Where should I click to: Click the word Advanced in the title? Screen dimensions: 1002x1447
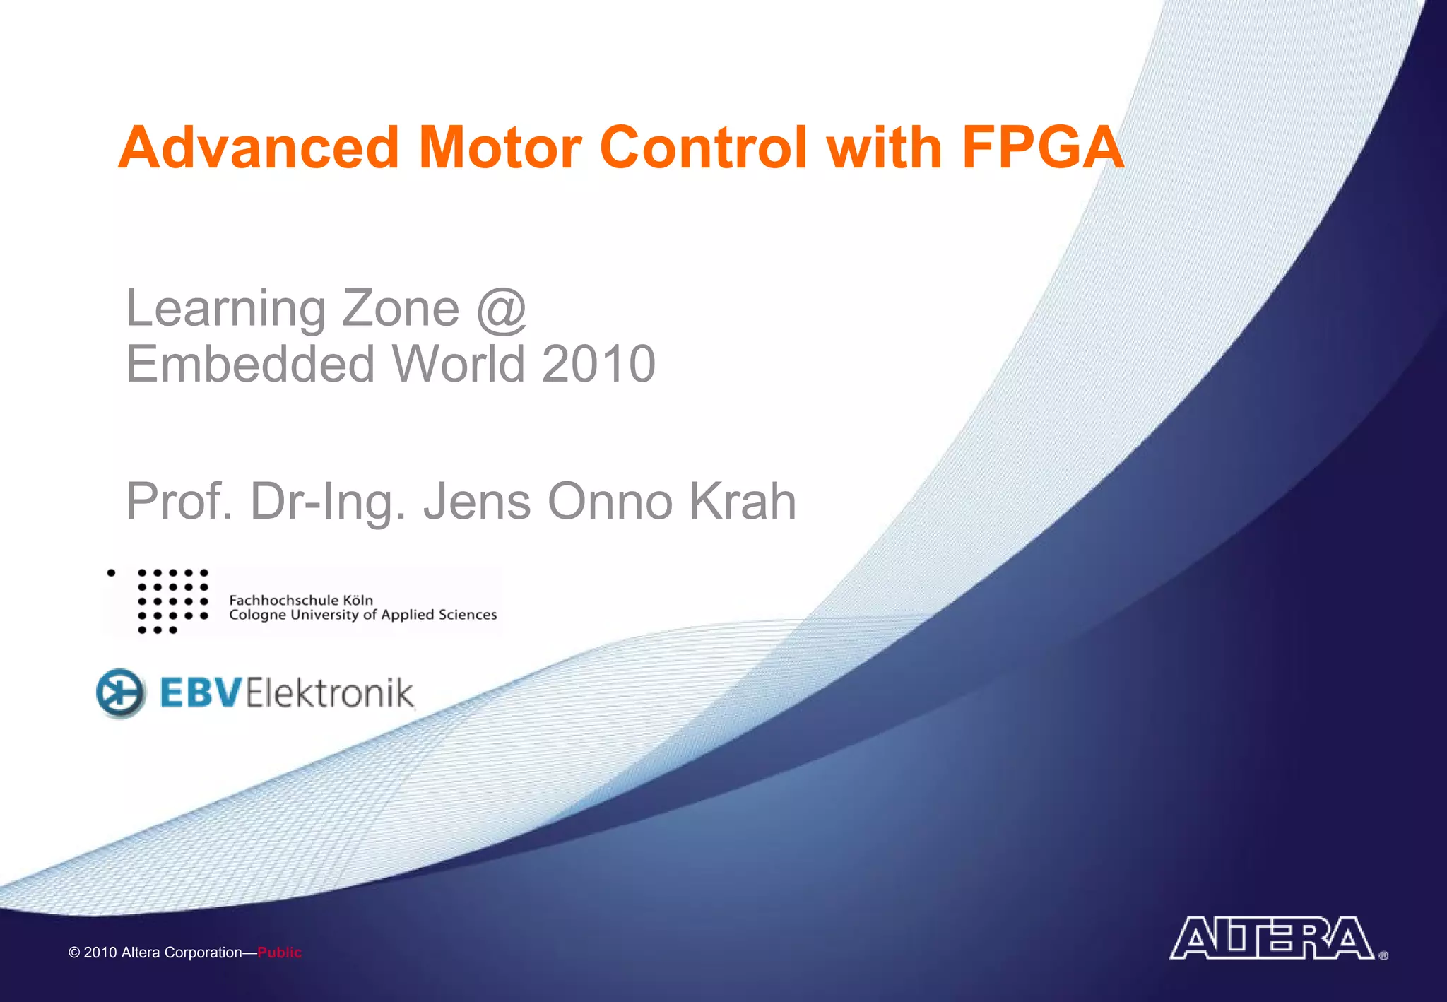(259, 148)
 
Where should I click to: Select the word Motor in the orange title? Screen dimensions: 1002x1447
(500, 148)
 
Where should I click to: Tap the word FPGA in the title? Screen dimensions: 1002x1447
(1043, 148)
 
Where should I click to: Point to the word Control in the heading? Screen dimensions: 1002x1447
(702, 148)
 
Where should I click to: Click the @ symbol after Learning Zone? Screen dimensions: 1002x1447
(502, 310)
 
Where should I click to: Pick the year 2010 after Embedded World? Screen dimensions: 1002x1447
(598, 364)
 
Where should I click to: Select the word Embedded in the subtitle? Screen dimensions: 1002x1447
(250, 364)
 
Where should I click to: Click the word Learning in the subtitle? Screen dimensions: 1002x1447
(225, 310)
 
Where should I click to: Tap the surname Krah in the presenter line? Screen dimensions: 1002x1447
(743, 502)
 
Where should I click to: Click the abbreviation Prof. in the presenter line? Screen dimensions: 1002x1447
(179, 502)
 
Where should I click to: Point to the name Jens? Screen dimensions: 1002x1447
(477, 502)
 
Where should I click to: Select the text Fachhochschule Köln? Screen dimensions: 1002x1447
(301, 600)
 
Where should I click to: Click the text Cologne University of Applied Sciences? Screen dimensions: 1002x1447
(362, 615)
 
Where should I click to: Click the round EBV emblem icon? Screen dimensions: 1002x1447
(121, 692)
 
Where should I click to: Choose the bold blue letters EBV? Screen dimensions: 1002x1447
(201, 692)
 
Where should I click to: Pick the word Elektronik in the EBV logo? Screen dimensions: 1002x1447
(330, 692)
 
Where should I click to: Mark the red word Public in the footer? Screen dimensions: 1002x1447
(279, 953)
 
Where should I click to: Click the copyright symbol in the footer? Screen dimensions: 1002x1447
(74, 953)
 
